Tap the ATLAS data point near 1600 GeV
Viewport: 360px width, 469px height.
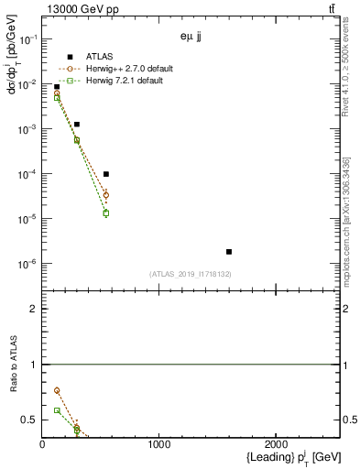tap(229, 251)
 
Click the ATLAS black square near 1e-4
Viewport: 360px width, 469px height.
tap(106, 174)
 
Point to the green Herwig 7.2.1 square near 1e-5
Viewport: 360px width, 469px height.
tap(106, 213)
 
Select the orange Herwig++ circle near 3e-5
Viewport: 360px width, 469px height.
tap(106, 195)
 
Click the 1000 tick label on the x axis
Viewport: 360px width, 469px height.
tap(159, 444)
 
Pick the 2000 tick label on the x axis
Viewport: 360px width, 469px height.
tap(277, 444)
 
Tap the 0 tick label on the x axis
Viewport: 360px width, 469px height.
tap(42, 444)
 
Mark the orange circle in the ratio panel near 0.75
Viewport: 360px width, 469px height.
tap(57, 391)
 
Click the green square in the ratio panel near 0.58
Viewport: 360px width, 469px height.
tap(57, 410)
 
